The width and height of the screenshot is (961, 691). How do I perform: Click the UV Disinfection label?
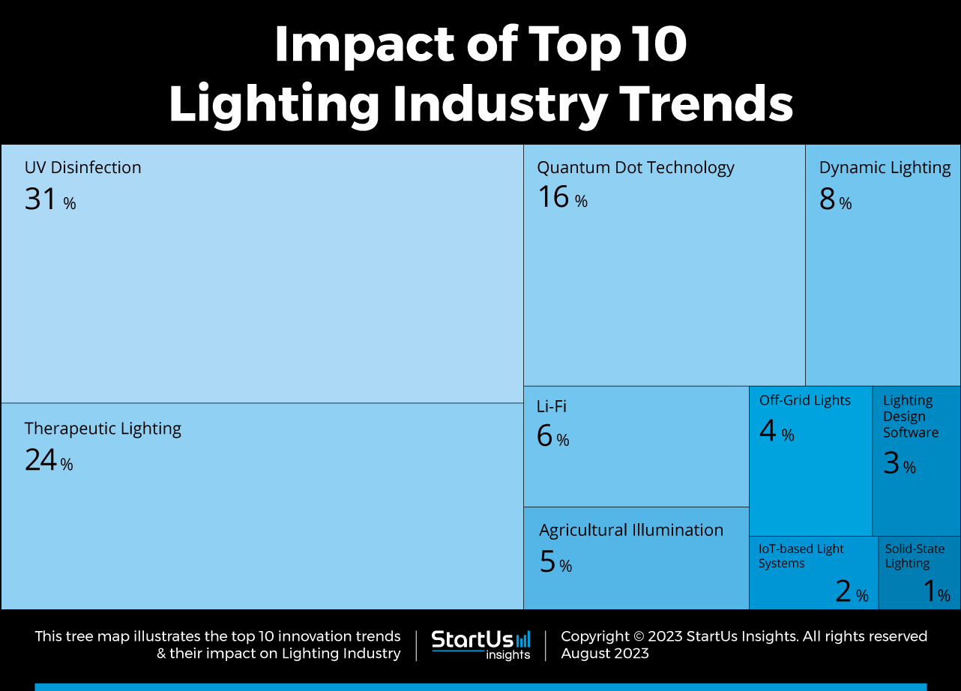(x=82, y=168)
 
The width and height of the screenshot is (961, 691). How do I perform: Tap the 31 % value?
(x=49, y=200)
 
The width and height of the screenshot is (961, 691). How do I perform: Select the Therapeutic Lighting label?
(x=103, y=429)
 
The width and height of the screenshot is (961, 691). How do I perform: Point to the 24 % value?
(x=48, y=461)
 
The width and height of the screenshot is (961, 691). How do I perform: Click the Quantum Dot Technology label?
(x=635, y=168)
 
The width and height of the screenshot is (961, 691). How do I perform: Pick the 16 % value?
(x=561, y=198)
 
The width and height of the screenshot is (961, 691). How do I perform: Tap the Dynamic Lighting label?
(x=885, y=168)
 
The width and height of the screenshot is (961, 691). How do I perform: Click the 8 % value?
(x=835, y=200)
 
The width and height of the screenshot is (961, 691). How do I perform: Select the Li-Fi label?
(x=551, y=406)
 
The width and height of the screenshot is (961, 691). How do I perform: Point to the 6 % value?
(x=552, y=437)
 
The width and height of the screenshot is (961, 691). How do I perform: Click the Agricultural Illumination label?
(x=631, y=531)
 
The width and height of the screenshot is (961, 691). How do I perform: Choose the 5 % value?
(x=555, y=563)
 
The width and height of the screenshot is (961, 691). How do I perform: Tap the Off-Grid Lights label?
(x=805, y=400)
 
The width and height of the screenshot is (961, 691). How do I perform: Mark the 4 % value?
(x=776, y=432)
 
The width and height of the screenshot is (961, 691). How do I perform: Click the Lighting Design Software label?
(x=910, y=417)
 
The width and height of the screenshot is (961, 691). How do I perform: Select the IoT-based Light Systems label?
(x=801, y=556)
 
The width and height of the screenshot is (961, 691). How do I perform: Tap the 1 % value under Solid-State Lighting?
(x=936, y=593)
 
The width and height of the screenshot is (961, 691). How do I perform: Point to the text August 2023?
(x=604, y=653)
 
